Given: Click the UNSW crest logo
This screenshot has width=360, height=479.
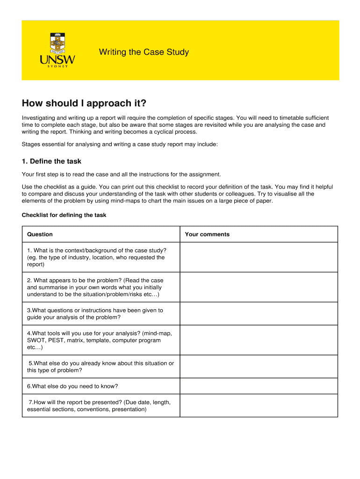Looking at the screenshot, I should (57, 42).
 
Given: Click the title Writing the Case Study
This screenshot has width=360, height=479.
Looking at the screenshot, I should (144, 52).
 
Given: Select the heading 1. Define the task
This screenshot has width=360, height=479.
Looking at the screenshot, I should (51, 161).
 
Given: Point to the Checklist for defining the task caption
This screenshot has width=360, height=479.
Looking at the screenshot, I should (64, 215).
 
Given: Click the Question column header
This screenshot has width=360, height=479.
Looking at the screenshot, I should (40, 234).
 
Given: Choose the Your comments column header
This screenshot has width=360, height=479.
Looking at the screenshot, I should (207, 234).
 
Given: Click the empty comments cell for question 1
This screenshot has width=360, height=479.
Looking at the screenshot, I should (259, 257).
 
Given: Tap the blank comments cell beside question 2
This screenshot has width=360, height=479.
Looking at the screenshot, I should (259, 287).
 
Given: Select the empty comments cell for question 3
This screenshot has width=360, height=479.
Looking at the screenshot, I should (259, 313).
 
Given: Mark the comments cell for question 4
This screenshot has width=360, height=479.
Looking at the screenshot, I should (259, 340).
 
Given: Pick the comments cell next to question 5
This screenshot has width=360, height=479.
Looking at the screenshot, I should (259, 367).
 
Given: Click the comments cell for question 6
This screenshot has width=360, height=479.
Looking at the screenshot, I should (259, 386).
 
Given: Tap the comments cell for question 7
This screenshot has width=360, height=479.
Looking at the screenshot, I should (259, 406).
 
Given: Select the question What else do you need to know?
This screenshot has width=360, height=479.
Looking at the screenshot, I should (72, 386).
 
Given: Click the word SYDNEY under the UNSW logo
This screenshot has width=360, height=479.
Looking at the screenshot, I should (58, 66).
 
